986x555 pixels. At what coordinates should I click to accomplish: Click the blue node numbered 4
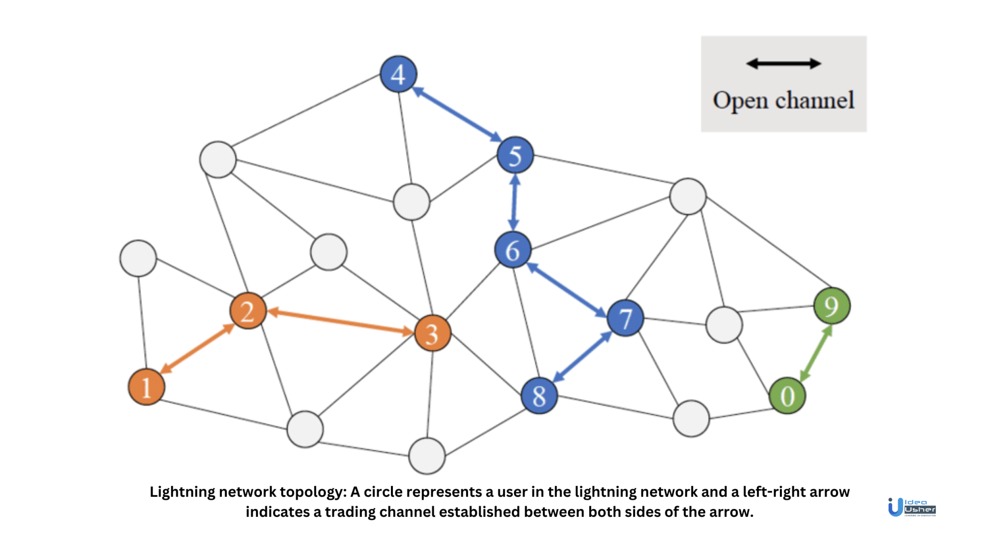pyautogui.click(x=398, y=74)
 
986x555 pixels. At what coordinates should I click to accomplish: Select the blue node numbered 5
pyautogui.click(x=515, y=155)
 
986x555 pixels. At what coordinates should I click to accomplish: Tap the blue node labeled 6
pyautogui.click(x=513, y=250)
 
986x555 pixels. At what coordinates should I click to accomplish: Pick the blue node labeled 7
pyautogui.click(x=625, y=318)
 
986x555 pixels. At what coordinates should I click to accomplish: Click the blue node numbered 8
pyautogui.click(x=539, y=396)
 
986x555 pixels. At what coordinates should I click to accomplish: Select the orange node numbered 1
pyautogui.click(x=146, y=387)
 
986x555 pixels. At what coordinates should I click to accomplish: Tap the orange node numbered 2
pyautogui.click(x=248, y=311)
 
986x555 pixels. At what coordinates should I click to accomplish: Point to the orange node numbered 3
pyautogui.click(x=432, y=333)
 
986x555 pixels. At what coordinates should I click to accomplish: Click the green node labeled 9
pyautogui.click(x=832, y=306)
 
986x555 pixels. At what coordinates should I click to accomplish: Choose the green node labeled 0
pyautogui.click(x=787, y=396)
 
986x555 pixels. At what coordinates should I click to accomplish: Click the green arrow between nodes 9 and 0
pyautogui.click(x=816, y=353)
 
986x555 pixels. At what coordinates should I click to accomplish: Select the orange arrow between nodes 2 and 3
pyautogui.click(x=340, y=322)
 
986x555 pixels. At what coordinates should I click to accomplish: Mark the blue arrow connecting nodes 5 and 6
pyautogui.click(x=514, y=202)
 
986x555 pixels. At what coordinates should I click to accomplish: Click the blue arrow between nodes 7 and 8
pyautogui.click(x=583, y=357)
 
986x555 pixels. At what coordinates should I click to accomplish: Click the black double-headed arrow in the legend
pyautogui.click(x=783, y=64)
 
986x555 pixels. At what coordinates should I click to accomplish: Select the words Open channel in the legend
pyautogui.click(x=783, y=101)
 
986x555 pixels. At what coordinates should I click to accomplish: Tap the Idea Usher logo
pyautogui.click(x=911, y=507)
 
